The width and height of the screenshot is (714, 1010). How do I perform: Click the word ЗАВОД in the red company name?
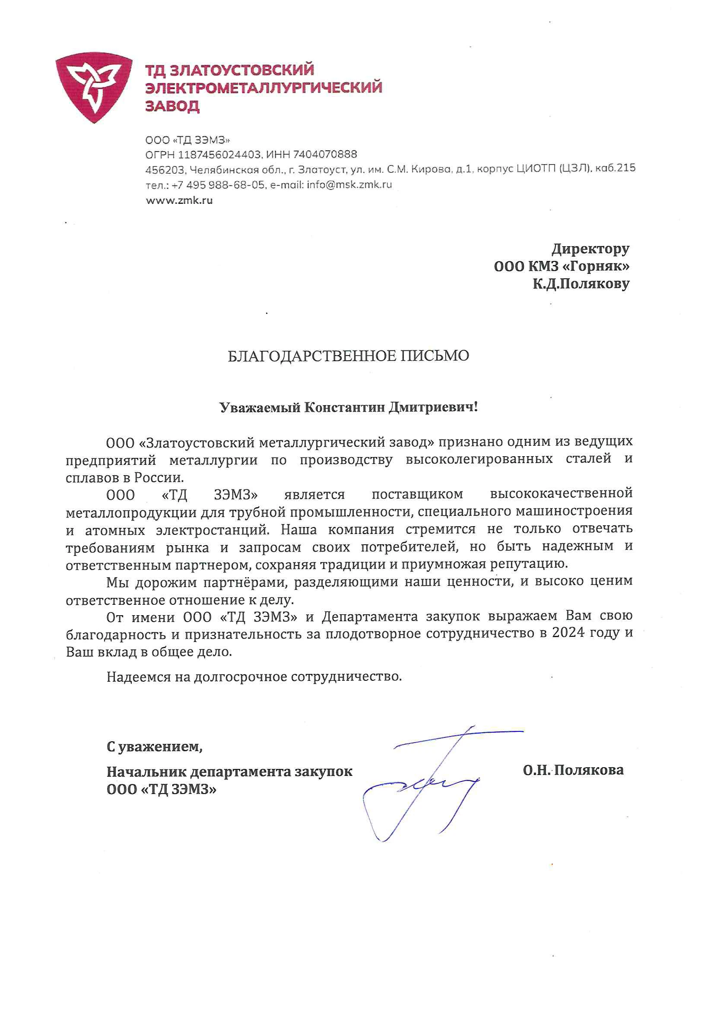tap(172, 106)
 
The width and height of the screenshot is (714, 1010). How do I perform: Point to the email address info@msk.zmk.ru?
tap(349, 185)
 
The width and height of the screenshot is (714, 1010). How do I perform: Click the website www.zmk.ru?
tap(179, 200)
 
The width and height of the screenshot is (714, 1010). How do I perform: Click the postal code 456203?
tap(164, 169)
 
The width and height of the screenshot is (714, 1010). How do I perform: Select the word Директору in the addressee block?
tap(590, 249)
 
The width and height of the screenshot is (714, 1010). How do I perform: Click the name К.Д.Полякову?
tap(581, 284)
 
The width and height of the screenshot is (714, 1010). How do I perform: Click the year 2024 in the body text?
tap(568, 632)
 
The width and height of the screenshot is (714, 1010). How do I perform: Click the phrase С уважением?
tap(154, 746)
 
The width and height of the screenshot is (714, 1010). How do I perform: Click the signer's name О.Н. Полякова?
tap(573, 770)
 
